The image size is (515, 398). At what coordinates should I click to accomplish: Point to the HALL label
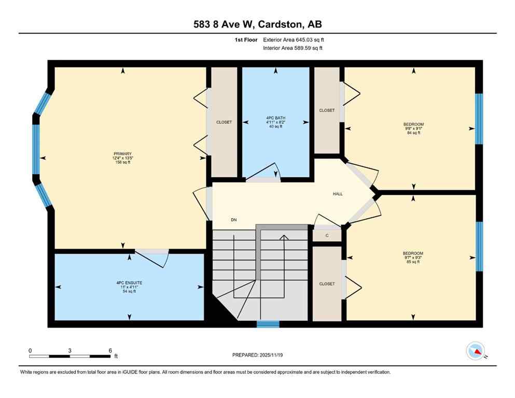click(338, 194)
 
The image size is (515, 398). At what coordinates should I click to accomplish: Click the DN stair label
click(234, 220)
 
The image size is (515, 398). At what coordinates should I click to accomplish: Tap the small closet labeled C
click(327, 236)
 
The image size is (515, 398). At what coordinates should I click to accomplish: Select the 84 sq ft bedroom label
click(413, 129)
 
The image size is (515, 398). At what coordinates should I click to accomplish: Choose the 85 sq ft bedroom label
click(413, 258)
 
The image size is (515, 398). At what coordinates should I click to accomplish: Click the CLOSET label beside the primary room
click(224, 122)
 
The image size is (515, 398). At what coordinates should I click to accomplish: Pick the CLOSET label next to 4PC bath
click(327, 110)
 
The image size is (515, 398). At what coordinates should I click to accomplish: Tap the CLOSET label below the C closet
click(327, 284)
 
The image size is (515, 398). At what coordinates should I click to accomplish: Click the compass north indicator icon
click(475, 352)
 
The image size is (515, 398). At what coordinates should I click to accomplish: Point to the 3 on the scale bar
click(69, 350)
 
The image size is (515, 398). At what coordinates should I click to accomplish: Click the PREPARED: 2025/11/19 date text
click(258, 355)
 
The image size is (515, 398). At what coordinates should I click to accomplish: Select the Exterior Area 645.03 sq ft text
click(294, 39)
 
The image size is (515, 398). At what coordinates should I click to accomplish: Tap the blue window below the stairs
click(268, 324)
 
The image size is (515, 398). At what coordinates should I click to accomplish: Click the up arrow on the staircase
click(284, 238)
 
